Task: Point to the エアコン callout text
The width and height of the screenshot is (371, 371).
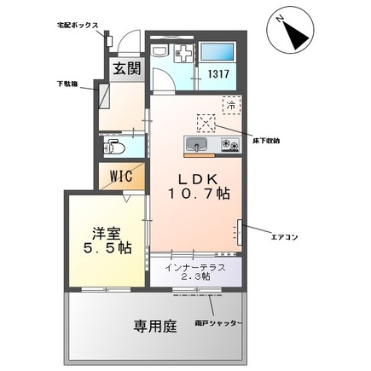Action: click(283, 236)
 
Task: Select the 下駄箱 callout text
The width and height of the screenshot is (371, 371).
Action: click(68, 85)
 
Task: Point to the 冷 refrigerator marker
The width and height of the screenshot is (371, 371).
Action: click(230, 105)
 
